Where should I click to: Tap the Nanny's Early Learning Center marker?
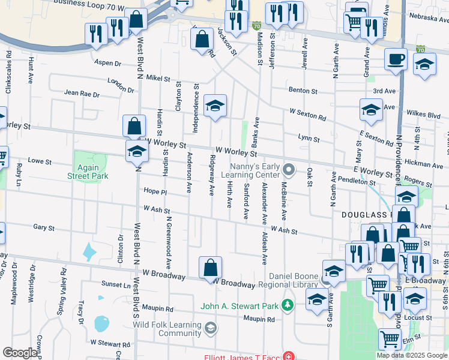pyautogui.click(x=289, y=170)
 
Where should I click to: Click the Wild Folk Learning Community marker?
pyautogui.click(x=211, y=328)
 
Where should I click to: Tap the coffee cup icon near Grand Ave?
pyautogui.click(x=396, y=59)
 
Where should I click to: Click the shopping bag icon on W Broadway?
pyautogui.click(x=211, y=266)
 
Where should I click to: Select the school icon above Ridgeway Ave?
pyautogui.click(x=214, y=106)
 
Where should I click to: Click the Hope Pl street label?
pyautogui.click(x=154, y=191)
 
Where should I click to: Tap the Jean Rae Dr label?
pyautogui.click(x=81, y=94)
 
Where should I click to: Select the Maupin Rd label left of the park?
pyautogui.click(x=158, y=310)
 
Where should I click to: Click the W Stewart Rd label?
pyautogui.click(x=110, y=344)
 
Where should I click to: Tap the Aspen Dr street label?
pyautogui.click(x=108, y=62)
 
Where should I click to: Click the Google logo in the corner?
pyautogui.click(x=20, y=353)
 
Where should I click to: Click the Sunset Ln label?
pyautogui.click(x=115, y=284)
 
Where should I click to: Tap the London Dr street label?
pyautogui.click(x=121, y=82)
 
